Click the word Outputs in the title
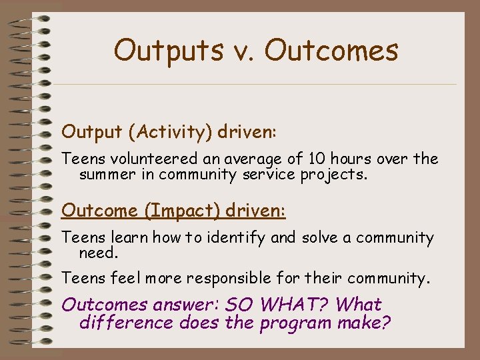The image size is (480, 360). click(x=161, y=51)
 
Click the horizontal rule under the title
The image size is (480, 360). click(x=253, y=84)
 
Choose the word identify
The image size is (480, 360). click(x=237, y=237)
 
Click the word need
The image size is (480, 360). click(x=97, y=253)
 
